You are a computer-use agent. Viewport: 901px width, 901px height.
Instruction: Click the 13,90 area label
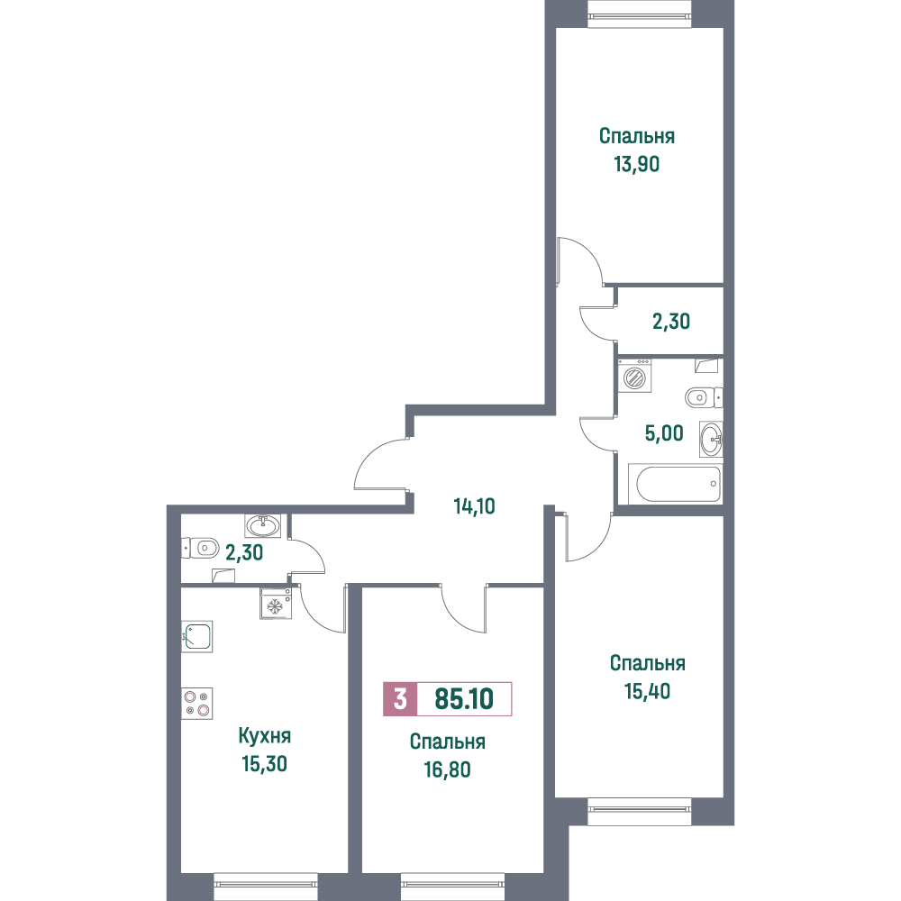pos(637,164)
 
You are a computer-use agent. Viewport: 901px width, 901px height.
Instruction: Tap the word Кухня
pos(264,735)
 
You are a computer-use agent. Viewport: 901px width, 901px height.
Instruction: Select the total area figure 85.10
pos(464,699)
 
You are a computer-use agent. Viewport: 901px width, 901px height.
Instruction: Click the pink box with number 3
pos(400,699)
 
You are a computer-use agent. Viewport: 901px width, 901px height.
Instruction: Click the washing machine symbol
pos(634,377)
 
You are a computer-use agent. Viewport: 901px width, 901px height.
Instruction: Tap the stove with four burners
pos(197,704)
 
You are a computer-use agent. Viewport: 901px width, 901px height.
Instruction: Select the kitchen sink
pos(197,637)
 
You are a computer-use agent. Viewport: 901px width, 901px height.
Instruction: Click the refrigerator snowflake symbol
pos(276,604)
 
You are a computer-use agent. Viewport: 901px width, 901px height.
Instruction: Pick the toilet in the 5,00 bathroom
pos(704,397)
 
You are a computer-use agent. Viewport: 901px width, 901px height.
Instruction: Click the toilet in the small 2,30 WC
pos(200,548)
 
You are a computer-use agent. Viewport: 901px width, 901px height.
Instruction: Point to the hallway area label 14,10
pos(474,506)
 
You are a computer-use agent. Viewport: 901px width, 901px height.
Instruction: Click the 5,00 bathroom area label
pos(664,433)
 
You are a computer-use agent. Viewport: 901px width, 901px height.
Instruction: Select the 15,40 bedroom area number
pos(648,691)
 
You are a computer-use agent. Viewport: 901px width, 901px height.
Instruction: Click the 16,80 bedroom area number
pos(448,769)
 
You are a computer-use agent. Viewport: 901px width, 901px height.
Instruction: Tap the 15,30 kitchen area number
pos(264,764)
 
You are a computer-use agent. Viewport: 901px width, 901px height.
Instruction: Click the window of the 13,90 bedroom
pos(639,14)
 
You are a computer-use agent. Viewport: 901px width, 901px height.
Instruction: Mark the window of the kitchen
pos(266,887)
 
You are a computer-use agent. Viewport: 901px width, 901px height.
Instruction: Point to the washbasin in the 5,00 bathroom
pos(711,439)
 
